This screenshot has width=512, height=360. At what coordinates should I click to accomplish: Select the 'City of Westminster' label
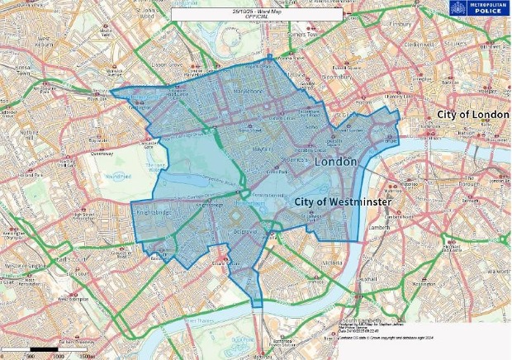(340, 201)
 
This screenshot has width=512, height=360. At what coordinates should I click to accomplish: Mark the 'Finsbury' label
(402, 24)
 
